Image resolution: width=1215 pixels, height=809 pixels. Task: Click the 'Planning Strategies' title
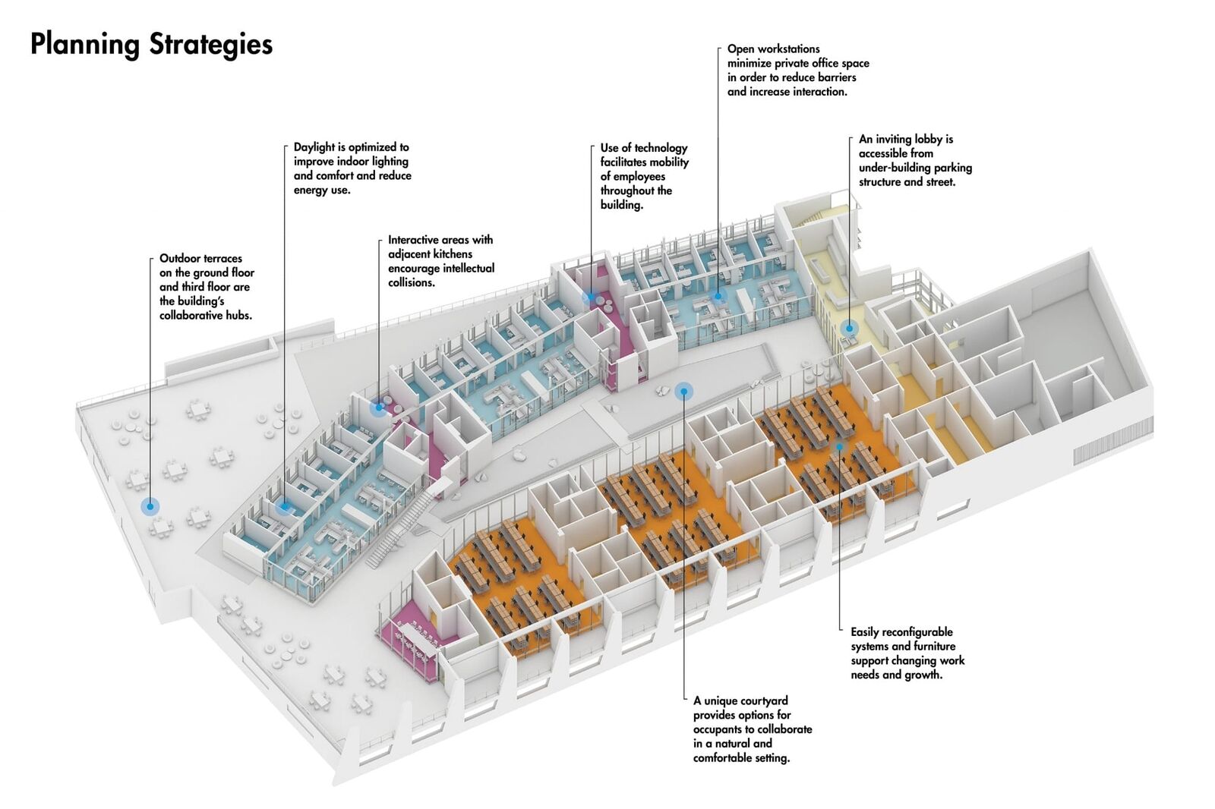click(x=151, y=44)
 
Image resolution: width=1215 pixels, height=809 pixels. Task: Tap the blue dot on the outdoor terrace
click(x=150, y=506)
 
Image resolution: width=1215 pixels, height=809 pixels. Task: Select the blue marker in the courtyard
click(x=683, y=392)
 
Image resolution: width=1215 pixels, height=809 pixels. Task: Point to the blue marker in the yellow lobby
click(x=850, y=329)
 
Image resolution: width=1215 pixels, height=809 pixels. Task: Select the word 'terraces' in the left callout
click(x=222, y=259)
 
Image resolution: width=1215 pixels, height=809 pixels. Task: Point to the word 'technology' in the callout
click(x=661, y=148)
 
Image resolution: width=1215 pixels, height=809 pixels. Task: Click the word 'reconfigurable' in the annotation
click(x=917, y=632)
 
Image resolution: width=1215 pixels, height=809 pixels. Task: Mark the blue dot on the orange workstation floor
click(x=839, y=448)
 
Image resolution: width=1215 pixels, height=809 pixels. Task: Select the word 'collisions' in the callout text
click(x=411, y=283)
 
